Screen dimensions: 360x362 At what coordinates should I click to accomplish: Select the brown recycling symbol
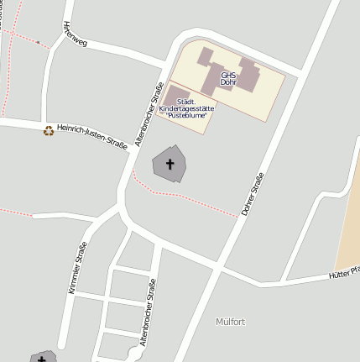pos(49,130)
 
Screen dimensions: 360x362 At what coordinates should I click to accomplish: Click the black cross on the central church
pos(170,163)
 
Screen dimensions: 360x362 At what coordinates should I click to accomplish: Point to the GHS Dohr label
pos(228,79)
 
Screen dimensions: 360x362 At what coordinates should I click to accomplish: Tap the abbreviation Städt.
pos(185,102)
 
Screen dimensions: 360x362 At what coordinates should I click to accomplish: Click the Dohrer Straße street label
pos(252,194)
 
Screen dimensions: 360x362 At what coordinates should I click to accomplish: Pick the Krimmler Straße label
pos(77,266)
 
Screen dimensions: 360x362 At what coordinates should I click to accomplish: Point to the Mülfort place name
pos(230,322)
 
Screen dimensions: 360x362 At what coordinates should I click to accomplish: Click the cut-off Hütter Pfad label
pos(344,272)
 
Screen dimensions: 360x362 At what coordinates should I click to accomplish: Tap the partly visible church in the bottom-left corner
pos(41,358)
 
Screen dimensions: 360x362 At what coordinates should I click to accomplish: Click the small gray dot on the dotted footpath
pos(38,41)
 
